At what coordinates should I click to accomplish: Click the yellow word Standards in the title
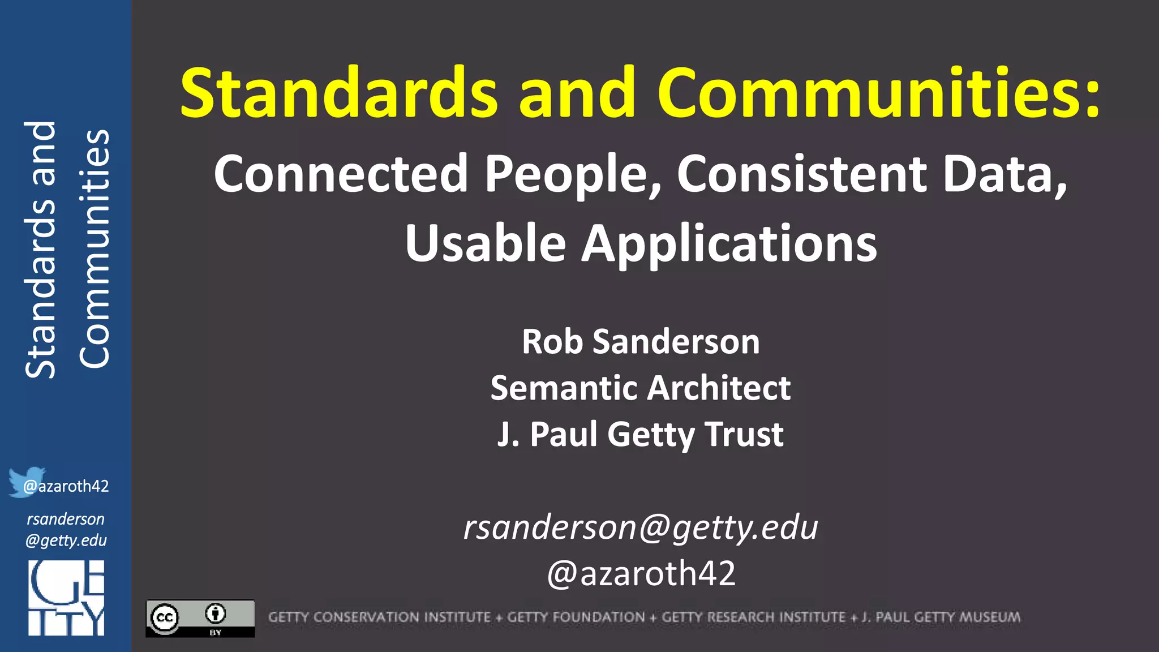click(x=338, y=92)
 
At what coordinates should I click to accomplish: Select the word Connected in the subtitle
click(x=341, y=174)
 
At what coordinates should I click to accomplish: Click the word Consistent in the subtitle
click(x=801, y=174)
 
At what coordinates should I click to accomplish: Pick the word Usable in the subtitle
click(x=486, y=243)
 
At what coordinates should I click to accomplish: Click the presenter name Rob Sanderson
click(x=641, y=342)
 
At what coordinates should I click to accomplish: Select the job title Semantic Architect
click(x=641, y=388)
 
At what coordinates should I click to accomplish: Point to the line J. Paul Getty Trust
click(x=641, y=435)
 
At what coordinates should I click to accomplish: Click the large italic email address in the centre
click(x=641, y=527)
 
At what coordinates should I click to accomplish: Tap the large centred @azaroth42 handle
click(x=641, y=573)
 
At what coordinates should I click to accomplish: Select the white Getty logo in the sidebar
click(x=66, y=598)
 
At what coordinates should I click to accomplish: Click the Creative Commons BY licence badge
click(x=200, y=618)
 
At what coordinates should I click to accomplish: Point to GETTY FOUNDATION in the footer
click(x=576, y=617)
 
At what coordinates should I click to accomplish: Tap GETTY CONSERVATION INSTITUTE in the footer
click(x=379, y=617)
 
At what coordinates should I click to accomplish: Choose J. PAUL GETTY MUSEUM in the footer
click(x=941, y=617)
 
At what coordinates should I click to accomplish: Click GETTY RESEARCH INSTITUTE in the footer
click(x=753, y=617)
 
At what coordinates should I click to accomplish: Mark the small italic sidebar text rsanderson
click(x=66, y=519)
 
